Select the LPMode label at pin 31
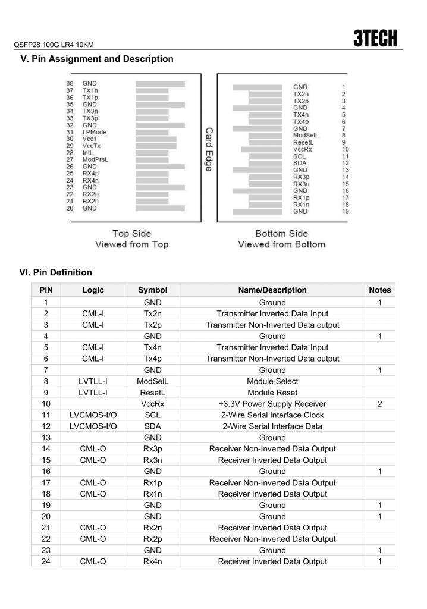[95, 132]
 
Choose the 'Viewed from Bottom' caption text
[281, 244]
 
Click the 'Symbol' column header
[152, 290]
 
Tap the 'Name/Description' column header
[272, 290]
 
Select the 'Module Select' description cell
[272, 381]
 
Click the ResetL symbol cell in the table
[152, 392]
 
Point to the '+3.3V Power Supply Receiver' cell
[272, 403]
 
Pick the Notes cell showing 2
[380, 403]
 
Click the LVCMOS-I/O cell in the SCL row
[93, 415]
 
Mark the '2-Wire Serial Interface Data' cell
[272, 426]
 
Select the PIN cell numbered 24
[46, 561]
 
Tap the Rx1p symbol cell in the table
[152, 482]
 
